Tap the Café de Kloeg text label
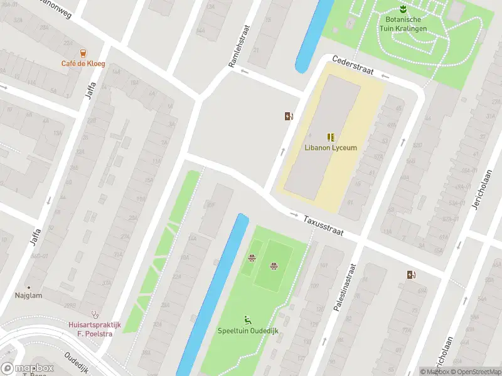coord(83,64)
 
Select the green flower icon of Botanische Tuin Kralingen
coord(402,9)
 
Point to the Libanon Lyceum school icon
coord(330,137)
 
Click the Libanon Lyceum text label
coord(331,148)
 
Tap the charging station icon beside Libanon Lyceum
coord(288,116)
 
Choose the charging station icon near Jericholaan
coord(411,274)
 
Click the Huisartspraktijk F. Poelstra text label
coord(94,329)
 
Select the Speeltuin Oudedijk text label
coord(248,331)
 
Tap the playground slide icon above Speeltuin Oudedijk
coord(248,320)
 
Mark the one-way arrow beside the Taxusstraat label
coord(294,215)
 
